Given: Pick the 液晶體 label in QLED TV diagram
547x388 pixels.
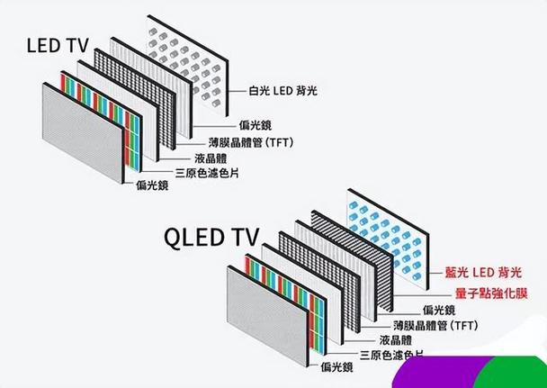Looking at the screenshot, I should (396, 340).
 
